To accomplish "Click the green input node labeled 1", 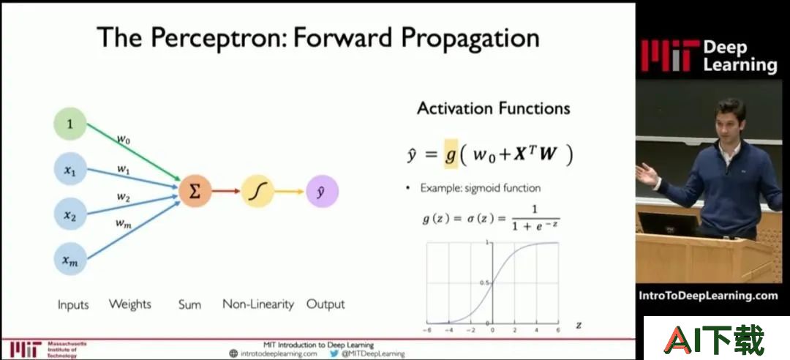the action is click(x=70, y=124).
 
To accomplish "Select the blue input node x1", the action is click(x=70, y=170).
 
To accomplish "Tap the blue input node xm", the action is click(x=70, y=259).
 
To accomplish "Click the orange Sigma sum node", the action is click(x=195, y=191).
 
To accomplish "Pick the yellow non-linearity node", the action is click(x=257, y=191).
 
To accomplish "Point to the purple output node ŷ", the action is click(x=322, y=191).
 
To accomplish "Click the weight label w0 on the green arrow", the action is click(x=124, y=139).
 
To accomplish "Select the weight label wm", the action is click(x=124, y=223).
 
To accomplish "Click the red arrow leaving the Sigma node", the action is click(x=226, y=191).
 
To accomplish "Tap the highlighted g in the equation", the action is click(x=451, y=154).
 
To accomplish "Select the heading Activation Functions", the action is click(x=493, y=108).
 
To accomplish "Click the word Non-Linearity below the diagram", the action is click(x=258, y=304).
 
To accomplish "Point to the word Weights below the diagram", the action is click(x=130, y=304).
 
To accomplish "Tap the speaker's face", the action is click(x=729, y=123).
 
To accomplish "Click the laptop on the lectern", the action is click(x=668, y=224).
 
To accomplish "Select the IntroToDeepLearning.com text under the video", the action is click(x=708, y=296).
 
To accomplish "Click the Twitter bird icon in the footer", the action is click(x=334, y=353).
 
